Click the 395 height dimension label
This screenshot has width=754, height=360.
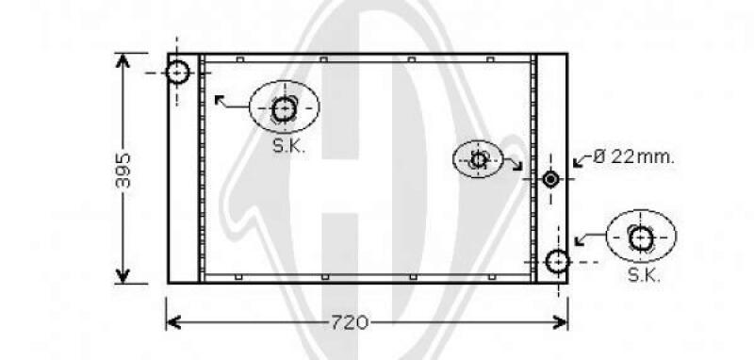[123, 171]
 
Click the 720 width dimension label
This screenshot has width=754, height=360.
[350, 322]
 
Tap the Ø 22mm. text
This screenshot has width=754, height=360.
[633, 156]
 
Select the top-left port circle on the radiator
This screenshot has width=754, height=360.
[177, 73]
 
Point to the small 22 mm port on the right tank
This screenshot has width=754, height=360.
[550, 179]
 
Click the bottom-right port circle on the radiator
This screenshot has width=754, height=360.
[557, 261]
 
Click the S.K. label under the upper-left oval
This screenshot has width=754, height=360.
[288, 146]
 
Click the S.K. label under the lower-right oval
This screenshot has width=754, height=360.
[644, 275]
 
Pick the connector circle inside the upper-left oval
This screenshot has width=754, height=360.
[284, 109]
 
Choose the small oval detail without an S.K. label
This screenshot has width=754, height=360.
[478, 159]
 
